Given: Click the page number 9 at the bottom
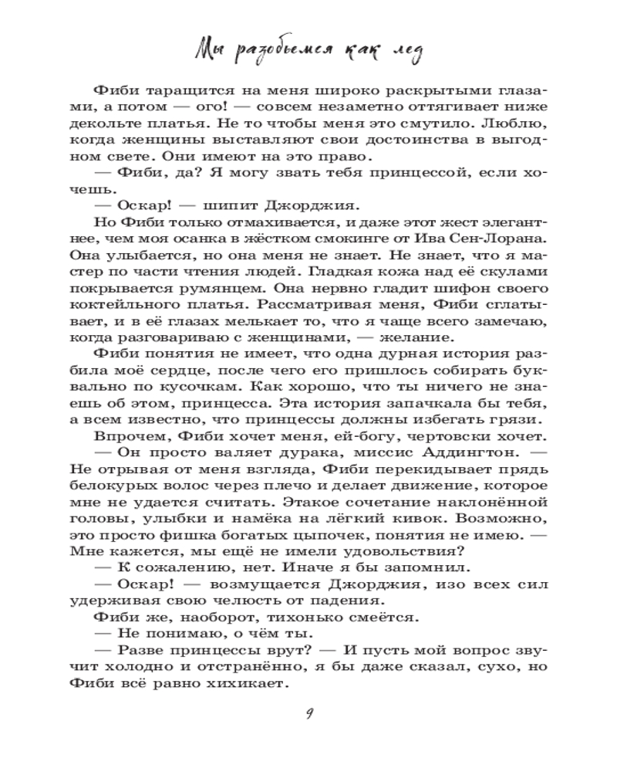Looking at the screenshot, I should pos(308,713).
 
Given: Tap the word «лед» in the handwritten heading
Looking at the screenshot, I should pos(400,52).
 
